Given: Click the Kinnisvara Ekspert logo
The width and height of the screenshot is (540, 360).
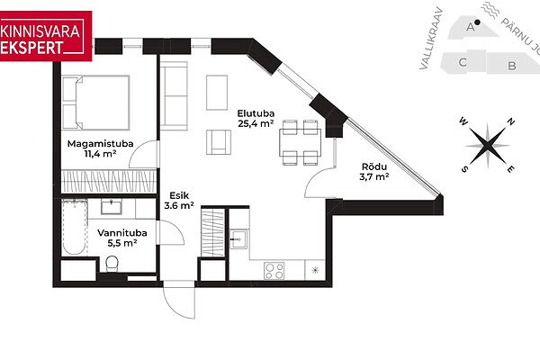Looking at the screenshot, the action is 46,36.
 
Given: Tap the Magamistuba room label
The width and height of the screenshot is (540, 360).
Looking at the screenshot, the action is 100,144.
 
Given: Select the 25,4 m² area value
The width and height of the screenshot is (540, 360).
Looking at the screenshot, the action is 256,123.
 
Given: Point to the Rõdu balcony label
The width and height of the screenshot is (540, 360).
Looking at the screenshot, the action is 374,166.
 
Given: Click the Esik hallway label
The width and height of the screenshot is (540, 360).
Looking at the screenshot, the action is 179,195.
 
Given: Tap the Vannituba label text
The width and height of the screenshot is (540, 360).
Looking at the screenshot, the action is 122,233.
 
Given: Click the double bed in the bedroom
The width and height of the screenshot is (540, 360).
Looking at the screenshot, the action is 95,103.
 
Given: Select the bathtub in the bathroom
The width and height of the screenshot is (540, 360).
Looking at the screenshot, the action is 75,228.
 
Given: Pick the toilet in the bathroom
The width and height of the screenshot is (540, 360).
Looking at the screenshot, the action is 112,264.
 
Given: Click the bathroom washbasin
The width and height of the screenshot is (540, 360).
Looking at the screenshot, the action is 112,207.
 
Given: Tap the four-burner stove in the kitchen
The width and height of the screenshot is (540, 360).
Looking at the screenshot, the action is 274,271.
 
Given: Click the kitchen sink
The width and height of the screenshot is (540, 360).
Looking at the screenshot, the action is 238,239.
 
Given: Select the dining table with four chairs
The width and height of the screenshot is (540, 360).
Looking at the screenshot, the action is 301,142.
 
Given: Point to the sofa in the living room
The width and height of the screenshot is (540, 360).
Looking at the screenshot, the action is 175,95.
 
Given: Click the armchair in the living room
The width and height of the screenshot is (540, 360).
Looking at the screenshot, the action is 219,142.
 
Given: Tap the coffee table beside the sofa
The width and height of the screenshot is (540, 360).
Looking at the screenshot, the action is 217,93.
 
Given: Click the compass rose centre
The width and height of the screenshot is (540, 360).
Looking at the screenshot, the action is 487,146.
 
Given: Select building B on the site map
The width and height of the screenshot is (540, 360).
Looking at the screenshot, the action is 512,65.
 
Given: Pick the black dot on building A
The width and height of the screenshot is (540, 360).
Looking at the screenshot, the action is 477,22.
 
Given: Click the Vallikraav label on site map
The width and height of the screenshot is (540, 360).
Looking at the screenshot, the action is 430,38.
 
